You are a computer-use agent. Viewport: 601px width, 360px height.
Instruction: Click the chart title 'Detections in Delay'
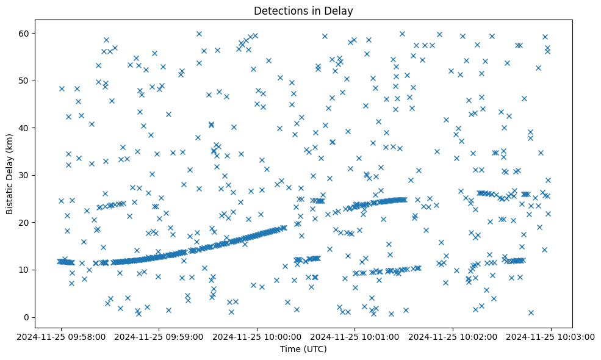pyautogui.click(x=303, y=11)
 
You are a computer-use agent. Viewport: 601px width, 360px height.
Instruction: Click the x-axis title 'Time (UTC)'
pyautogui.click(x=303, y=349)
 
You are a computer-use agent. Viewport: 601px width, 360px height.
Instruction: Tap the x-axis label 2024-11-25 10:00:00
pyautogui.click(x=257, y=336)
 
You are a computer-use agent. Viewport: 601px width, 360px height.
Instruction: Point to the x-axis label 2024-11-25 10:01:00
pyautogui.click(x=356, y=336)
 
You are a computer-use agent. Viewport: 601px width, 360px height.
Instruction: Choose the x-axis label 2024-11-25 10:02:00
pyautogui.click(x=454, y=336)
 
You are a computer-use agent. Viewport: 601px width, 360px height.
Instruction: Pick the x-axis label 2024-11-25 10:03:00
pyautogui.click(x=552, y=336)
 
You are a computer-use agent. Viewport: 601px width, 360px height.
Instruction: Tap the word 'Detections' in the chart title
pyautogui.click(x=278, y=11)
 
